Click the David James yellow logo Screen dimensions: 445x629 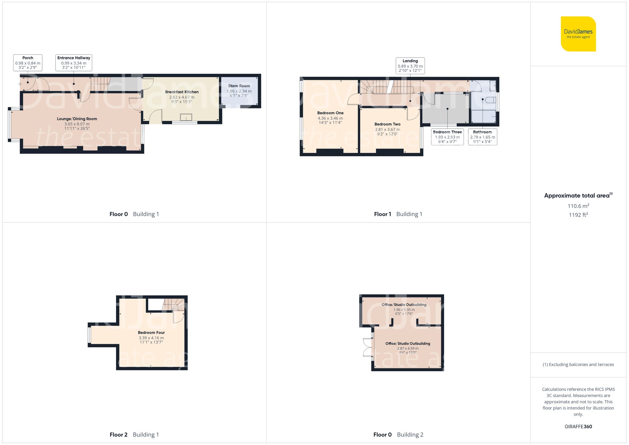(x=578, y=34)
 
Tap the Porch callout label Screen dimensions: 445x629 (x=28, y=63)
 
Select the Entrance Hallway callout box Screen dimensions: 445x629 (x=74, y=63)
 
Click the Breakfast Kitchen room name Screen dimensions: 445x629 (x=182, y=92)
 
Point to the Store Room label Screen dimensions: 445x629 (x=239, y=86)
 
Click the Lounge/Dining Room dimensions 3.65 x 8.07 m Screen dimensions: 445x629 (x=77, y=124)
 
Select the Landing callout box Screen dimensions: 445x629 (x=410, y=66)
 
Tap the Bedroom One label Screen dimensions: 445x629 (x=330, y=113)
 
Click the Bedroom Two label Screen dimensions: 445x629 (x=387, y=124)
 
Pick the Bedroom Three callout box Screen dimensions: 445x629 (x=447, y=137)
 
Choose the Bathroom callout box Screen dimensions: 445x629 (x=482, y=137)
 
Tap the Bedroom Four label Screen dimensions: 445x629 (x=151, y=332)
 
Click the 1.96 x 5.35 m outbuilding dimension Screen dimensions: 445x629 (x=404, y=310)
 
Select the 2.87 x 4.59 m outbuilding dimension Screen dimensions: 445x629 (x=408, y=348)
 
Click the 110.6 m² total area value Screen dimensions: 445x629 (x=578, y=206)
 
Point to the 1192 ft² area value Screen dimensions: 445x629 (x=578, y=215)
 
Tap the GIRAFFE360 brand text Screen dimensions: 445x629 (x=578, y=427)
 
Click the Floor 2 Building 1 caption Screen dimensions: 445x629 (x=134, y=435)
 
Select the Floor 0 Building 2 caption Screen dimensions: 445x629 (x=398, y=435)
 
